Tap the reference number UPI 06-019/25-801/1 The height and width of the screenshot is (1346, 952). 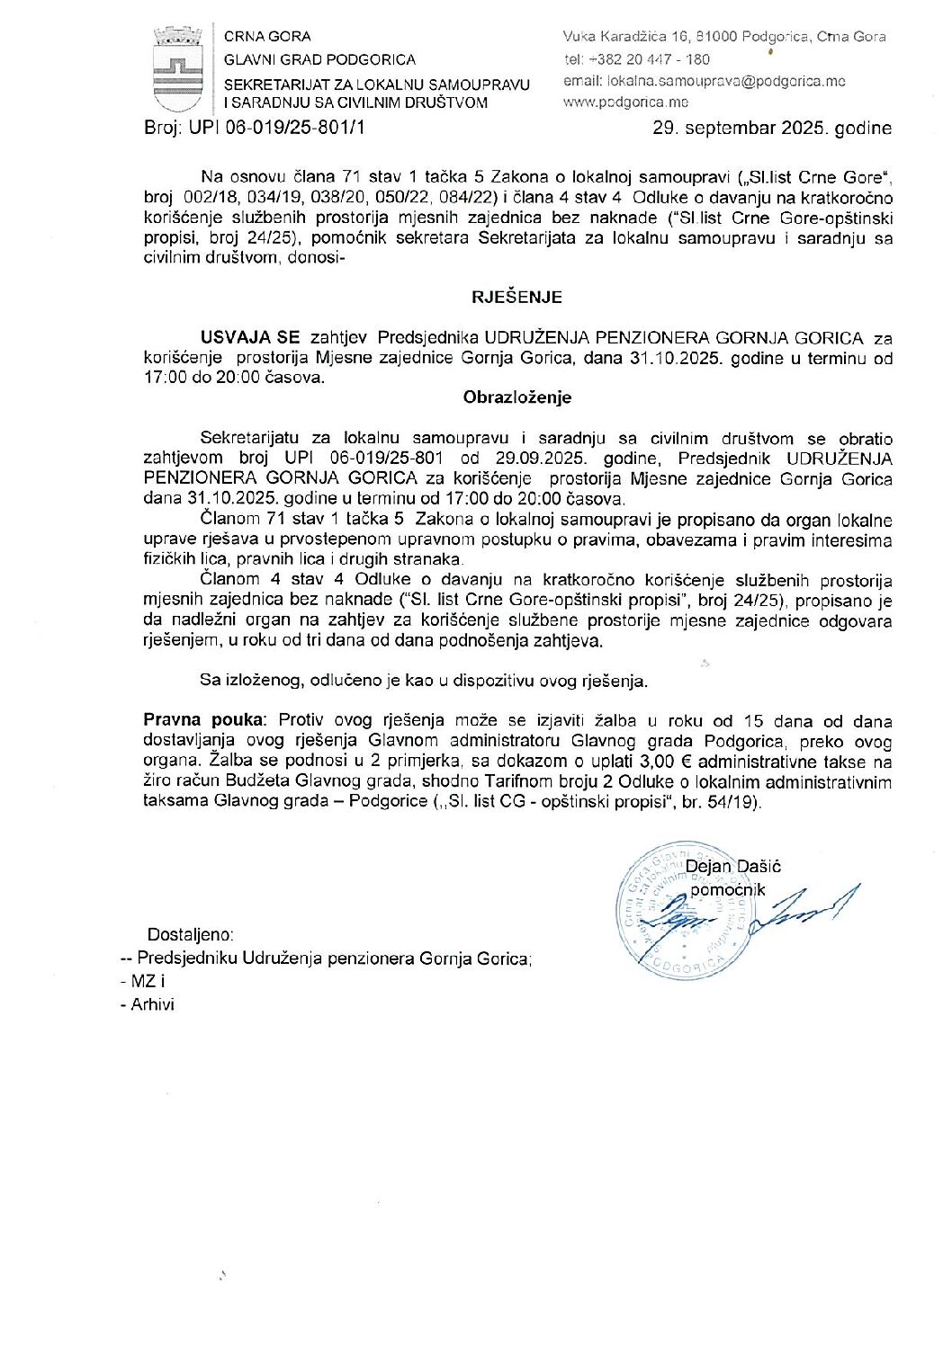click(x=277, y=128)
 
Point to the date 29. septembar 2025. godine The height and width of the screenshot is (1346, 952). click(x=771, y=129)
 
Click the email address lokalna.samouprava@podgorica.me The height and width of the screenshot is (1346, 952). click(x=705, y=81)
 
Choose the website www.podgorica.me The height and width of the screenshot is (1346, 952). click(x=613, y=103)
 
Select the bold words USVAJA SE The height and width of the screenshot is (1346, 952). click(x=250, y=338)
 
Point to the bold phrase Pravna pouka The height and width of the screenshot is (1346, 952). click(x=204, y=721)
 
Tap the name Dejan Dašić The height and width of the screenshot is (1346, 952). click(x=732, y=867)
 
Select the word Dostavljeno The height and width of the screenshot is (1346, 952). click(x=190, y=935)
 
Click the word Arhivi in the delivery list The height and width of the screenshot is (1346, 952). click(x=152, y=1004)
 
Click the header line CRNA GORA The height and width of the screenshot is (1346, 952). click(x=267, y=37)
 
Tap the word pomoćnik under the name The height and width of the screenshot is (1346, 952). click(x=727, y=890)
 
